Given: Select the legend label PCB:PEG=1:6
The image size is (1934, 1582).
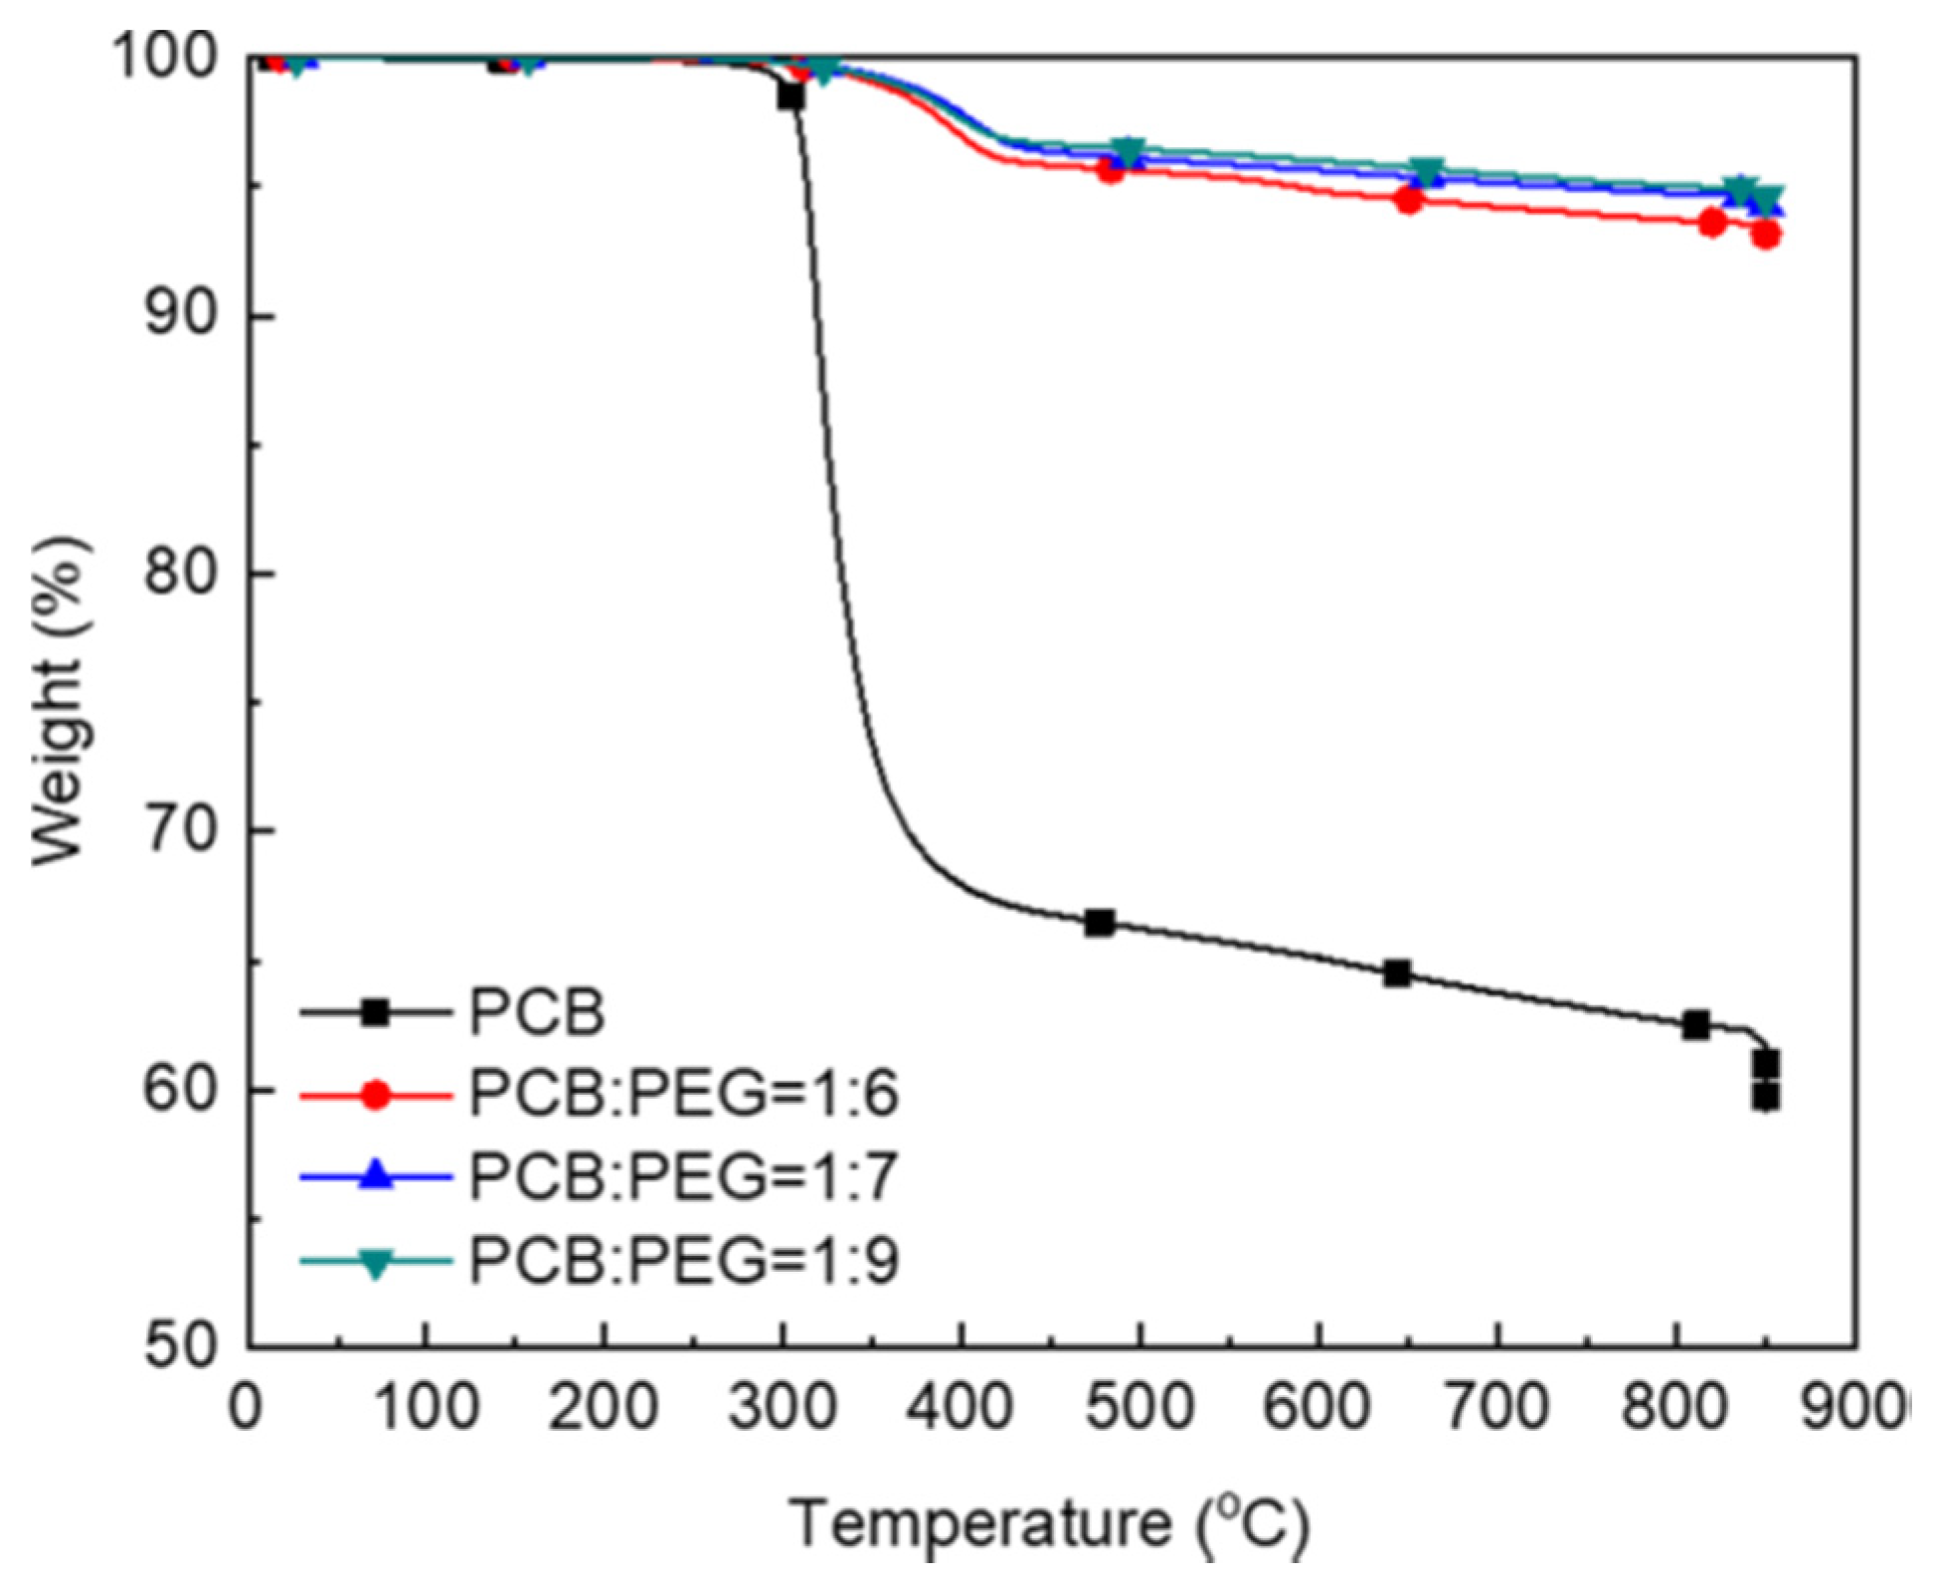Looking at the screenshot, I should click(684, 1094).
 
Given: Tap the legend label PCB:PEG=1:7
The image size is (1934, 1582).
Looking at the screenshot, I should click(684, 1176).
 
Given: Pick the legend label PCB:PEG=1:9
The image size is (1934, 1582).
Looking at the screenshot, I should click(684, 1260).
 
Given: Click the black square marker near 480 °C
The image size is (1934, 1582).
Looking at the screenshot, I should click(1099, 923).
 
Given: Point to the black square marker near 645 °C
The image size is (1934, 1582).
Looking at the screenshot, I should click(1397, 973).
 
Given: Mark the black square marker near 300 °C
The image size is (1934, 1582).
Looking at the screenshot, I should click(791, 96).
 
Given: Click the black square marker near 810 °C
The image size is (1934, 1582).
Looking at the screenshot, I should click(1696, 1025).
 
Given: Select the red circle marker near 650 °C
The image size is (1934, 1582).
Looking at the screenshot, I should click(1409, 200).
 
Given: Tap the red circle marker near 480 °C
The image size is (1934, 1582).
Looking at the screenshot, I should click(1111, 171).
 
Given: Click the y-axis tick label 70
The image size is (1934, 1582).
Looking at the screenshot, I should click(181, 830).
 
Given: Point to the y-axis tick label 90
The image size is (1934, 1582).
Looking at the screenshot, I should click(181, 315).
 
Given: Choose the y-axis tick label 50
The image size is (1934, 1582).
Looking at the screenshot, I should click(181, 1346).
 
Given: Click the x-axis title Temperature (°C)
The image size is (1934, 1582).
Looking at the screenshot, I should click(1049, 1524).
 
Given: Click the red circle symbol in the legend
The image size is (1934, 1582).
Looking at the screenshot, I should click(376, 1095).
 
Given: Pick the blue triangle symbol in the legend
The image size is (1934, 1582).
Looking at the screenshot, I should click(376, 1176).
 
